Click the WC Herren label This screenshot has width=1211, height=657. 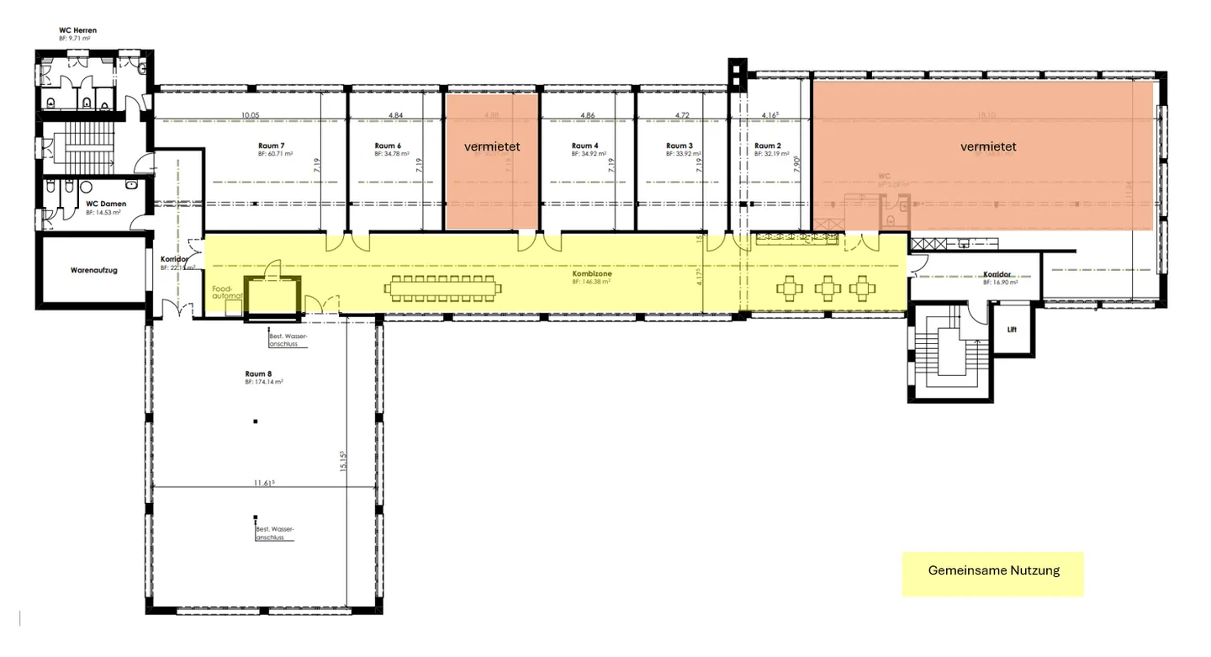[x=77, y=30]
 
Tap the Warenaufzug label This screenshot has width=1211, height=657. [x=93, y=271]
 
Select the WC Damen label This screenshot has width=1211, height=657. [x=105, y=204]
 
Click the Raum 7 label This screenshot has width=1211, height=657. [x=272, y=146]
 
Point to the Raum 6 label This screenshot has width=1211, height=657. [x=388, y=146]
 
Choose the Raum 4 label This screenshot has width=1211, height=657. [x=584, y=146]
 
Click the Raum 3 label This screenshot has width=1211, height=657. [x=679, y=146]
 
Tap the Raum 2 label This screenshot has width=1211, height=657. [x=769, y=146]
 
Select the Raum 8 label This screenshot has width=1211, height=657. [x=259, y=374]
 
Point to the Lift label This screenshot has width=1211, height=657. [x=1012, y=330]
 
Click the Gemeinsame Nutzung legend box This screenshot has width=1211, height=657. [x=993, y=571]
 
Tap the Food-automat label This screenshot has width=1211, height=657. [x=228, y=292]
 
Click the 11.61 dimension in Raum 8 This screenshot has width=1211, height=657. [x=264, y=482]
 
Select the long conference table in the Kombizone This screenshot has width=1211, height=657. [x=443, y=289]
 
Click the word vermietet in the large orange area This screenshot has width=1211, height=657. [x=988, y=147]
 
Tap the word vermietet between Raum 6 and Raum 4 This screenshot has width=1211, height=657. [x=492, y=147]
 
